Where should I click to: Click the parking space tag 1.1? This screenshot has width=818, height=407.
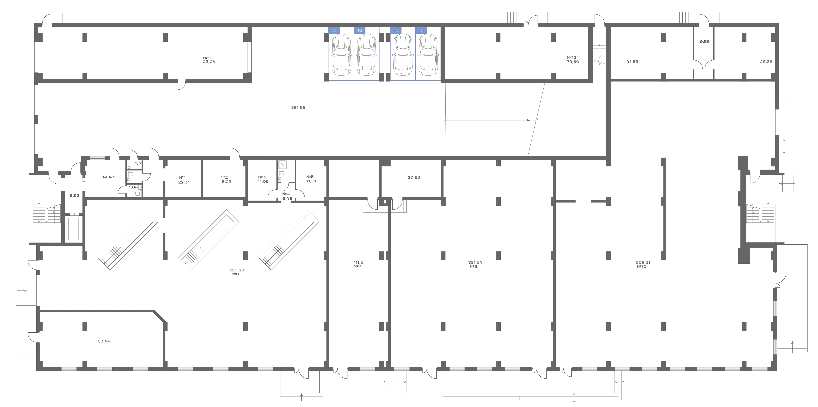[x=334, y=30]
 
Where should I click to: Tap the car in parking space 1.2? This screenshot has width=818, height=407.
[x=367, y=55]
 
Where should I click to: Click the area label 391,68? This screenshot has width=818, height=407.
[x=298, y=107]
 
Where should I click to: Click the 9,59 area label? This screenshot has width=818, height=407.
[x=705, y=42]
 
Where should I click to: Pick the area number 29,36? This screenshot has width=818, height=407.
[x=766, y=62]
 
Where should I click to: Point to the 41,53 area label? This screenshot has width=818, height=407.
[x=632, y=62]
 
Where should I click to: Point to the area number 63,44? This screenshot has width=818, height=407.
[x=104, y=341]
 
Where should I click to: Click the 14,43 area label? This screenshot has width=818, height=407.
[x=109, y=177]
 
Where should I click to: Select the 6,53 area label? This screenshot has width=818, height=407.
[x=75, y=195]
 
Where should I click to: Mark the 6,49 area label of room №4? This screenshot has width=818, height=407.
[x=287, y=198]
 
